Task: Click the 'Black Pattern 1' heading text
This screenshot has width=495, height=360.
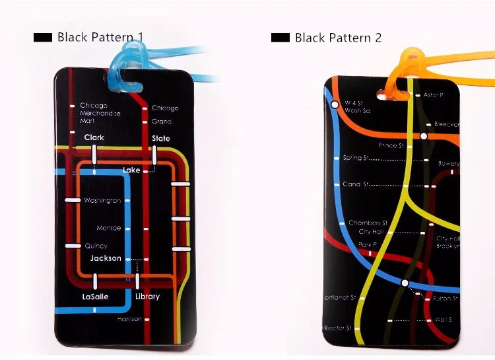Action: [100, 37]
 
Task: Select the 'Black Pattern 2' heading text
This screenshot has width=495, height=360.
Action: [338, 38]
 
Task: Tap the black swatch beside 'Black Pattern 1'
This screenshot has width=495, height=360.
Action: [43, 38]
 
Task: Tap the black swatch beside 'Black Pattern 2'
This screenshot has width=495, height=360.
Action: [280, 38]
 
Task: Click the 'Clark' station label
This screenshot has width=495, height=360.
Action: [94, 138]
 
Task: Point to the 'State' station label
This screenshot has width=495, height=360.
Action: [161, 139]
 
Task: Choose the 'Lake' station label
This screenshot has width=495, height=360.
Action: [132, 170]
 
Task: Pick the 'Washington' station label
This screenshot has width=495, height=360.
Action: [102, 200]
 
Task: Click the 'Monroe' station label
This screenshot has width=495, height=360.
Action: [109, 229]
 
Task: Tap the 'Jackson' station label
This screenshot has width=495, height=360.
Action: [106, 258]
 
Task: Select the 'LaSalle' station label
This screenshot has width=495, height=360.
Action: [95, 297]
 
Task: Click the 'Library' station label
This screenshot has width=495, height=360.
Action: [147, 297]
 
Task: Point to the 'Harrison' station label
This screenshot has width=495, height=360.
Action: [129, 319]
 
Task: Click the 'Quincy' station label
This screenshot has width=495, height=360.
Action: [96, 246]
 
